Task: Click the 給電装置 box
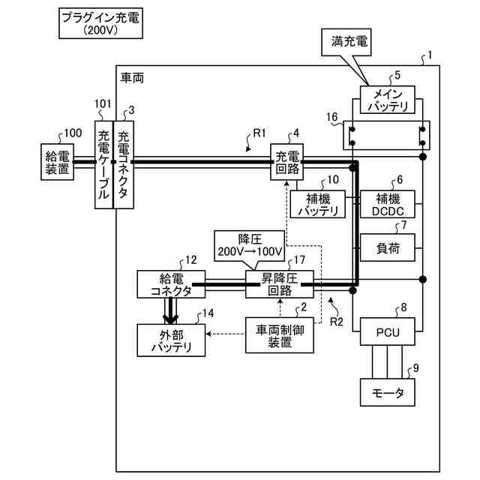(57, 162)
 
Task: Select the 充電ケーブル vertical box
(104, 165)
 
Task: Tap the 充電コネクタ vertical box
(124, 165)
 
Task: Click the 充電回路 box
(286, 162)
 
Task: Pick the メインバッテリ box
(388, 100)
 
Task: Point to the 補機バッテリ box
(318, 204)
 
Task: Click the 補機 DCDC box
(388, 204)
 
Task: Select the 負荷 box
(388, 247)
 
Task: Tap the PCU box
(388, 331)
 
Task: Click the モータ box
(388, 392)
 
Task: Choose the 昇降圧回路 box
(280, 284)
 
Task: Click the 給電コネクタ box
(171, 284)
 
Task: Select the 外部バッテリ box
(171, 340)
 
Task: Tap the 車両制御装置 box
(280, 335)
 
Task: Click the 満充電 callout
(346, 42)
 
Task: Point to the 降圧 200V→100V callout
(250, 246)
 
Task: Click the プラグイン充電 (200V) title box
(100, 23)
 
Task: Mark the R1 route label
(259, 133)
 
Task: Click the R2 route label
(337, 322)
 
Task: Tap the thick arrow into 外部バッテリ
(171, 310)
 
